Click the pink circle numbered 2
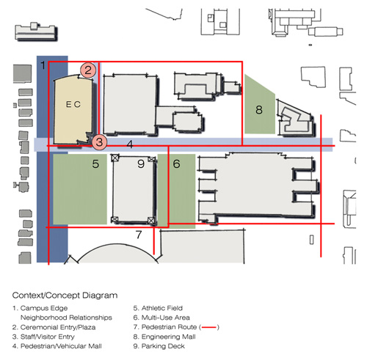click(x=88, y=70)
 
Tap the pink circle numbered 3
click(x=99, y=142)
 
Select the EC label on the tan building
click(x=73, y=105)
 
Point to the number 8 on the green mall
click(x=259, y=110)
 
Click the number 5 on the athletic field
click(x=95, y=164)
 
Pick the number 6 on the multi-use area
click(x=176, y=164)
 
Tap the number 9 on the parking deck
click(x=141, y=164)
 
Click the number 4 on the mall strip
click(x=130, y=144)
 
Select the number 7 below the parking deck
click(x=139, y=235)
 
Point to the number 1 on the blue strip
click(x=43, y=65)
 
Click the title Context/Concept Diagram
click(x=65, y=295)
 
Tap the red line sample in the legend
click(x=209, y=327)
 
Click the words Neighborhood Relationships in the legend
click(x=66, y=317)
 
